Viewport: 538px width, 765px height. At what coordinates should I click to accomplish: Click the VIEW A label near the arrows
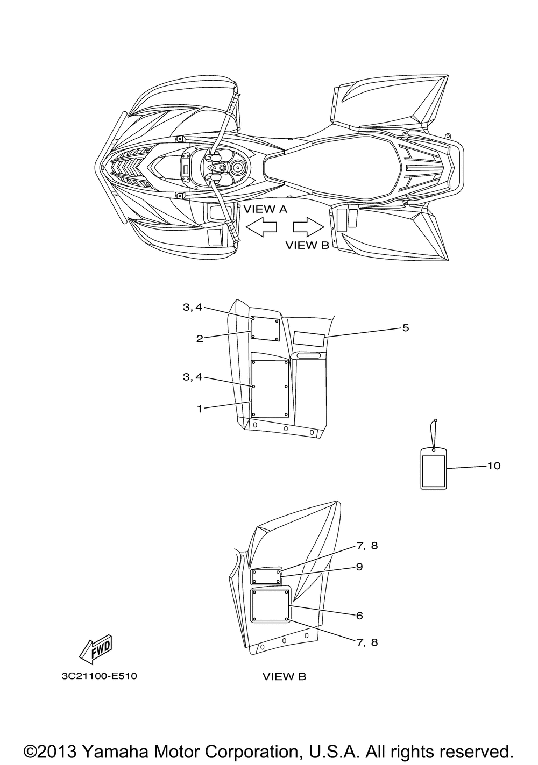tap(265, 209)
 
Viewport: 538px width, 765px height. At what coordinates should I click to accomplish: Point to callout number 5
tap(405, 328)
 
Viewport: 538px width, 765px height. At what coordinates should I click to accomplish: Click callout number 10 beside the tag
tap(493, 466)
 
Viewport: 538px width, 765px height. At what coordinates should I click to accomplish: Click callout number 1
tap(200, 409)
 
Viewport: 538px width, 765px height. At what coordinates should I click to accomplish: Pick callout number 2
tap(200, 339)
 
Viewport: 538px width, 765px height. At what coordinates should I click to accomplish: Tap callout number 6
tap(359, 616)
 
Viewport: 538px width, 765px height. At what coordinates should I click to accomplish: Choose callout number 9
tap(359, 567)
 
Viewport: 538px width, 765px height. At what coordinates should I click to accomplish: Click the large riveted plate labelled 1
tap(270, 389)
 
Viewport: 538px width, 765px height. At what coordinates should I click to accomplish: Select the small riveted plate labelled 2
tap(266, 329)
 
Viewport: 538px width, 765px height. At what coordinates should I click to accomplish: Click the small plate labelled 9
tap(266, 577)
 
